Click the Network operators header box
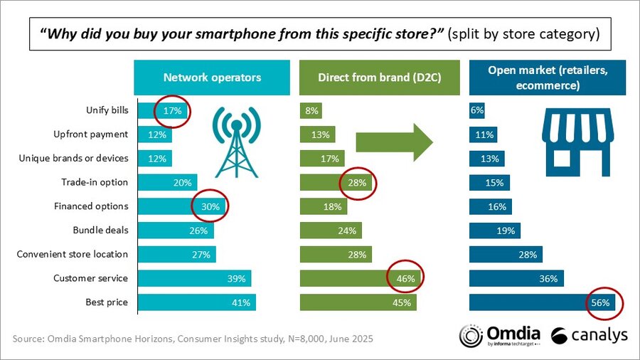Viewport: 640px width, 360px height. (x=213, y=78)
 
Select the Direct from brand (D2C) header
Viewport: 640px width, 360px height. (x=380, y=78)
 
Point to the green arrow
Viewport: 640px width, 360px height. (x=394, y=141)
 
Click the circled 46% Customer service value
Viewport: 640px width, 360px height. (x=405, y=278)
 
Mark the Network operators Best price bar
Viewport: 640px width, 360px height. (x=196, y=302)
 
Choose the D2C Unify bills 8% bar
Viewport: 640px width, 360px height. (x=311, y=110)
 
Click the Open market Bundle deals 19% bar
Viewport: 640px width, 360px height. (x=495, y=231)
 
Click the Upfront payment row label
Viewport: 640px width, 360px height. (x=91, y=134)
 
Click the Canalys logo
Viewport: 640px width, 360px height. (x=589, y=335)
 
